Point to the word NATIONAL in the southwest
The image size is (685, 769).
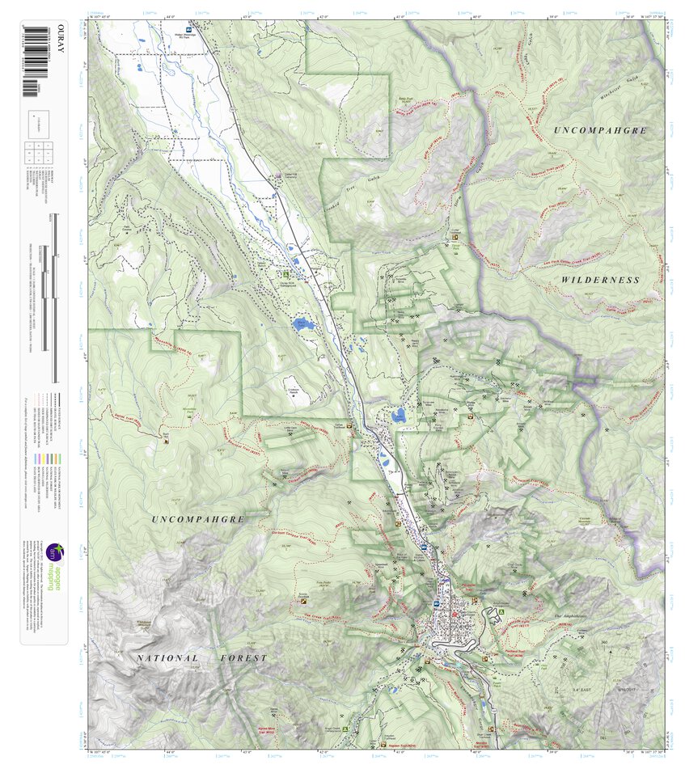tap(167, 658)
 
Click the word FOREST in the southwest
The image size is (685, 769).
tap(243, 658)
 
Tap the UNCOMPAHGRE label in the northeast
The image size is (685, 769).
tap(602, 129)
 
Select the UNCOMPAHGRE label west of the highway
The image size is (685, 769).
tap(197, 519)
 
